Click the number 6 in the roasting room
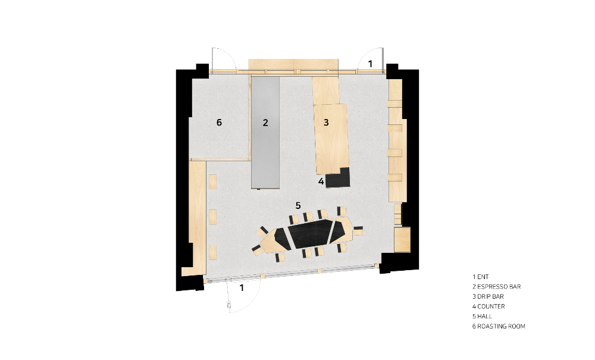tap(219, 122)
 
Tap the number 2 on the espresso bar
tap(265, 123)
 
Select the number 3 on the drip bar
tap(326, 122)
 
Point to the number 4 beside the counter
tap(321, 181)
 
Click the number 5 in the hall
tap(298, 205)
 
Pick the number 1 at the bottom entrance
tap(242, 288)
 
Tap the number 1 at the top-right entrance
tap(370, 64)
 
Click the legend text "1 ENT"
tap(480, 277)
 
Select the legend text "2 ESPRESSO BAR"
tap(496, 287)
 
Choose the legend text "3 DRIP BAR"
tap(488, 297)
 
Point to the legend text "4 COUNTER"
tap(488, 306)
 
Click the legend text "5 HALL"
tap(482, 317)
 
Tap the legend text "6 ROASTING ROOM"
tap(499, 326)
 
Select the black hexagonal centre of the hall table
tap(310, 234)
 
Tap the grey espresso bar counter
tap(265, 132)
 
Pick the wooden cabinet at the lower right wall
tap(402, 239)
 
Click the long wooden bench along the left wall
tap(197, 216)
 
